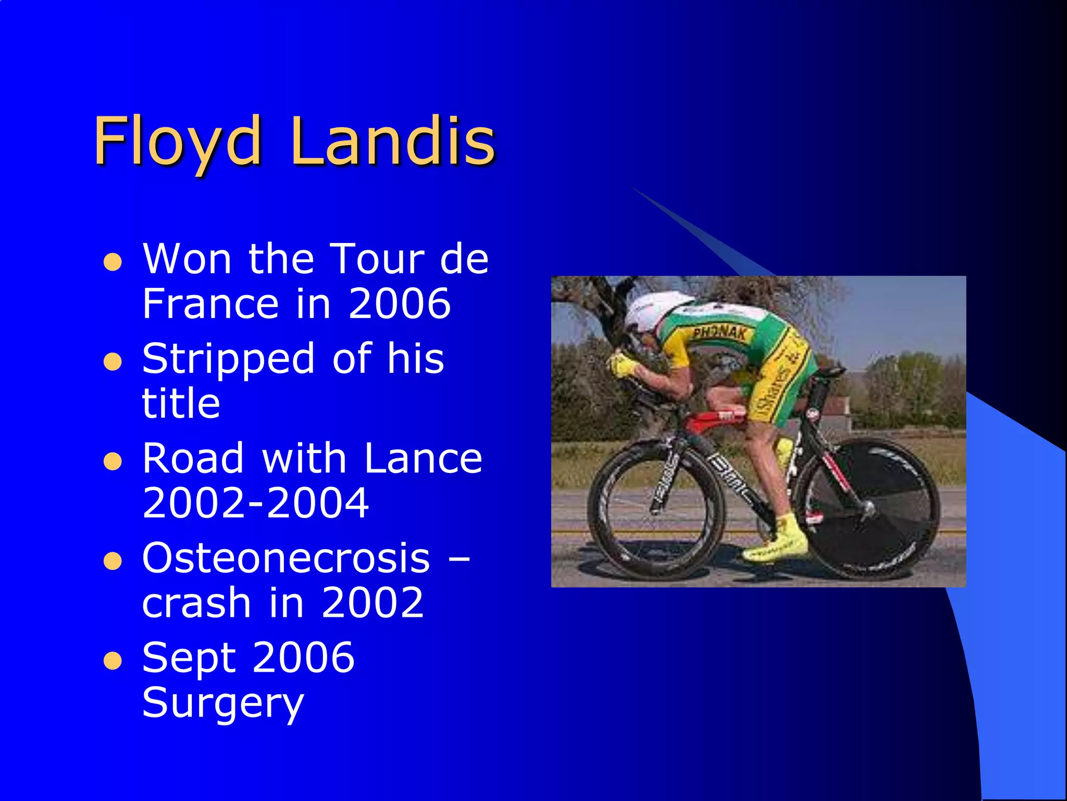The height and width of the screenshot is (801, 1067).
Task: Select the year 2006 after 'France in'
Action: (x=399, y=304)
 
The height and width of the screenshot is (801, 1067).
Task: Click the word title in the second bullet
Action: (x=181, y=403)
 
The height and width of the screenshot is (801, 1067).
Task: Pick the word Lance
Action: (x=423, y=458)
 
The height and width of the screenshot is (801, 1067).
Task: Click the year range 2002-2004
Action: (x=255, y=503)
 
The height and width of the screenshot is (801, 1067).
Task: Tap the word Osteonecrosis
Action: (x=286, y=558)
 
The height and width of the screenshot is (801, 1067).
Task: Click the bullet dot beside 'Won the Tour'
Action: (x=113, y=262)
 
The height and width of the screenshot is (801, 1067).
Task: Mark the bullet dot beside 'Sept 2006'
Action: (x=113, y=661)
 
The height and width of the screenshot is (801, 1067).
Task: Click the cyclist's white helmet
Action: (x=651, y=310)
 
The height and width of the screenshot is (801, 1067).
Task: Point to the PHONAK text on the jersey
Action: (x=719, y=332)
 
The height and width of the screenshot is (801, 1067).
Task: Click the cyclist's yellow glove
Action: (x=622, y=365)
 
